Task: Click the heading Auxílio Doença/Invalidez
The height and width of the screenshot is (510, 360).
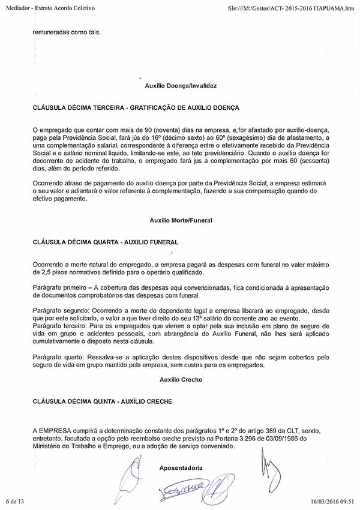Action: (x=181, y=86)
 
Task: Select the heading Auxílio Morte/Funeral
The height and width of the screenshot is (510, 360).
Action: (x=181, y=220)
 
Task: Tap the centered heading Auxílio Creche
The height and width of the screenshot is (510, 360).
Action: (x=181, y=380)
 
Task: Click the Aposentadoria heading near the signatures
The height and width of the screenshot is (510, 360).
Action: (x=181, y=467)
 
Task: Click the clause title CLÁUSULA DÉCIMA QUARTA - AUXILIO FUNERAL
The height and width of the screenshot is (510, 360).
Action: (x=106, y=242)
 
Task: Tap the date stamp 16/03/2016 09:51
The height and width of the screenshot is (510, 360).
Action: (x=332, y=500)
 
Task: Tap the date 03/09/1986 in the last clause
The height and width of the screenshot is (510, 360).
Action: (x=264, y=437)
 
